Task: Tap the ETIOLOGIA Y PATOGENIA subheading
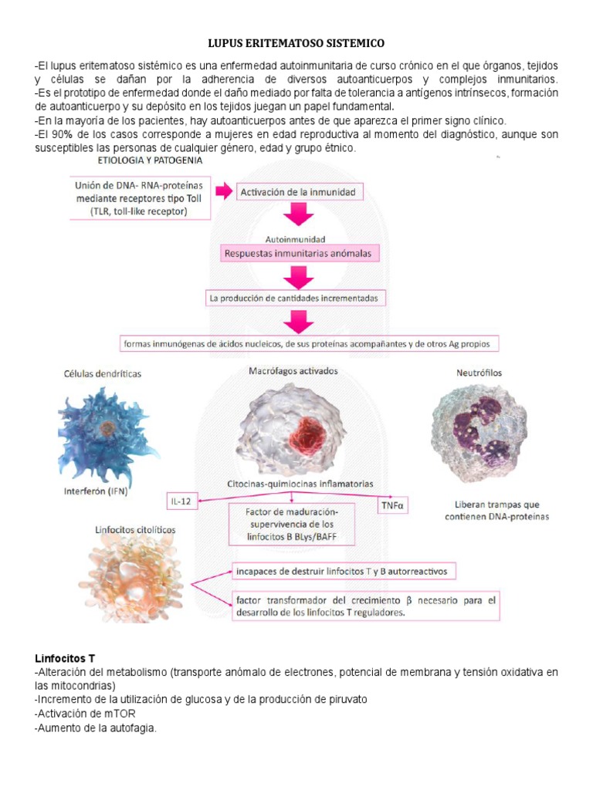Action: [151, 160]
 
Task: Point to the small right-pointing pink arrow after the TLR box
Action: [223, 191]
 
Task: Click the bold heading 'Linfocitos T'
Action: [65, 659]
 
